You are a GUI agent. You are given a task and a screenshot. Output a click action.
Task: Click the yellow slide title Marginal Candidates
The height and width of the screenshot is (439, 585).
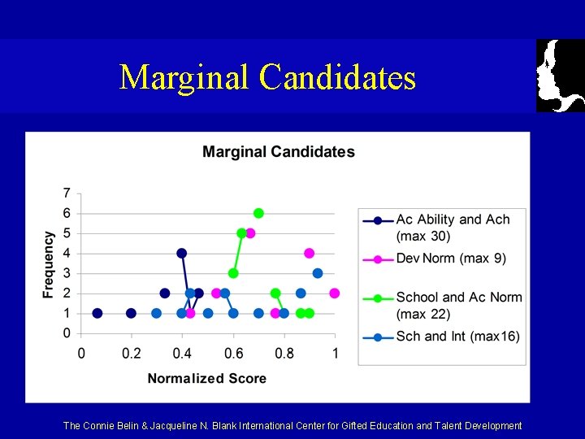[x=267, y=77]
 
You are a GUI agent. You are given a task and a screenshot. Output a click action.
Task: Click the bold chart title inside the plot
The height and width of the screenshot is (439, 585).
[x=278, y=152]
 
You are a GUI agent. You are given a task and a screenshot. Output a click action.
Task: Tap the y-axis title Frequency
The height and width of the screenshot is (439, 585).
[x=49, y=264]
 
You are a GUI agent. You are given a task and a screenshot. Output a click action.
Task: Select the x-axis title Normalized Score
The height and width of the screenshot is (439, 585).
[x=206, y=378]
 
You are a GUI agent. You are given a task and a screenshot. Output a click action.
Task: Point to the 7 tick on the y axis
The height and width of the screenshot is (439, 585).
[x=67, y=193]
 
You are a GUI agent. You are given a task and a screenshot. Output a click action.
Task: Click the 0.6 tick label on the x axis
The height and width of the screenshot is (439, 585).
[x=233, y=353]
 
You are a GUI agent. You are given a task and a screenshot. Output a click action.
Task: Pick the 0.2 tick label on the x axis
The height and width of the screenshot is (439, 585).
[x=131, y=353]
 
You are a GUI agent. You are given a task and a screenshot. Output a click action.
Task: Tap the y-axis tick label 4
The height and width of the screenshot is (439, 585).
[x=67, y=254]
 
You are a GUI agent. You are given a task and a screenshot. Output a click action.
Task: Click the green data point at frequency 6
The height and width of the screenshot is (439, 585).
[x=258, y=213]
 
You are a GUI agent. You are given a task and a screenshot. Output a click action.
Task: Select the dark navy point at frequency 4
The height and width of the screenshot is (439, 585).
[x=181, y=253]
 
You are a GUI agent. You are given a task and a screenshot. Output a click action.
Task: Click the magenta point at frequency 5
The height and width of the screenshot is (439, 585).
[x=250, y=233]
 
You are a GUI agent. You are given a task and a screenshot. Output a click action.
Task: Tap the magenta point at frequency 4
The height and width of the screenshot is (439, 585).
[x=309, y=253]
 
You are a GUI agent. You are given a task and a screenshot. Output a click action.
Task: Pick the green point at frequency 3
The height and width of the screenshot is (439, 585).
[x=233, y=273]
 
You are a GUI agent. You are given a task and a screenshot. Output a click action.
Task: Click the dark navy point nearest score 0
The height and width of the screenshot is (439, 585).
[x=97, y=313]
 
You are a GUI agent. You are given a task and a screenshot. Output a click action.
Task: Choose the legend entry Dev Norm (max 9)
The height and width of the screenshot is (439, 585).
[x=450, y=259]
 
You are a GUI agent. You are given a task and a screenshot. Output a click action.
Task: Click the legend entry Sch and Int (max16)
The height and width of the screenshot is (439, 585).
[x=457, y=336]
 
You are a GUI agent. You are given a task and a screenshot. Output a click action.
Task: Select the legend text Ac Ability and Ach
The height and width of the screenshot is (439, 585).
[x=453, y=219]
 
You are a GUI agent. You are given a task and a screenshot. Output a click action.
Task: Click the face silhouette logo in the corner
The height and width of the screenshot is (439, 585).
[x=560, y=76]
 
